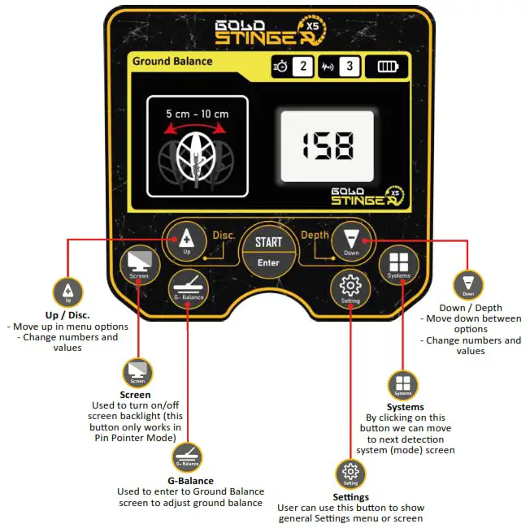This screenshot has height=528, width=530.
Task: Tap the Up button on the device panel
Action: tap(186, 240)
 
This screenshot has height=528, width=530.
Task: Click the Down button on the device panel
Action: tap(351, 240)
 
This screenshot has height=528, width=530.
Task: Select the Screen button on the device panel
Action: tap(138, 265)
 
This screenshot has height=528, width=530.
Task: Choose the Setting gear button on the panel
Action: tap(350, 288)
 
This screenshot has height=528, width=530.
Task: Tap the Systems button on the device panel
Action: tap(398, 265)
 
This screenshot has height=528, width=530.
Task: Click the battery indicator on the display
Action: tap(387, 67)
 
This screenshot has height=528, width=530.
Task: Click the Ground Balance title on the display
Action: tap(172, 61)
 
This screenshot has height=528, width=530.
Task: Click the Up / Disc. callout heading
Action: tap(67, 314)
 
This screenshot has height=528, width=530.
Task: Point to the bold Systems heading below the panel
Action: tap(404, 407)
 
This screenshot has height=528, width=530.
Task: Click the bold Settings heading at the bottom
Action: tap(350, 496)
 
